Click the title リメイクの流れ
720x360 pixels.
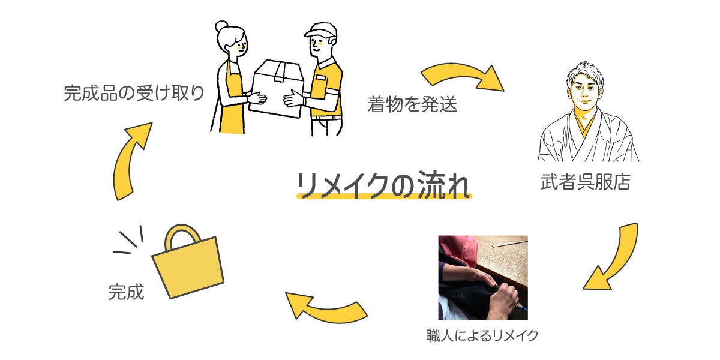coord(383,185)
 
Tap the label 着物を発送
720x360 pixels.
coord(412,104)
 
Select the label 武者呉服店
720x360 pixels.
coord(586,182)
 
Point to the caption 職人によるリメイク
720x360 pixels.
coord(482,335)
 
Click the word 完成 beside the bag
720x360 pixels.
coord(127,292)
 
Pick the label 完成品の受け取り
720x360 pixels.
coord(134,93)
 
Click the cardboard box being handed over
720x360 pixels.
coord(277,88)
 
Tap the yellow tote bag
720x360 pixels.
coord(188,262)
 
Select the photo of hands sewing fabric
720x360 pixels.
coord(483,277)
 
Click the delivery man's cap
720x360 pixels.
coord(322,30)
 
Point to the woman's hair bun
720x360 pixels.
coord(221,26)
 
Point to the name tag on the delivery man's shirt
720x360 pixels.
coord(320,78)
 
